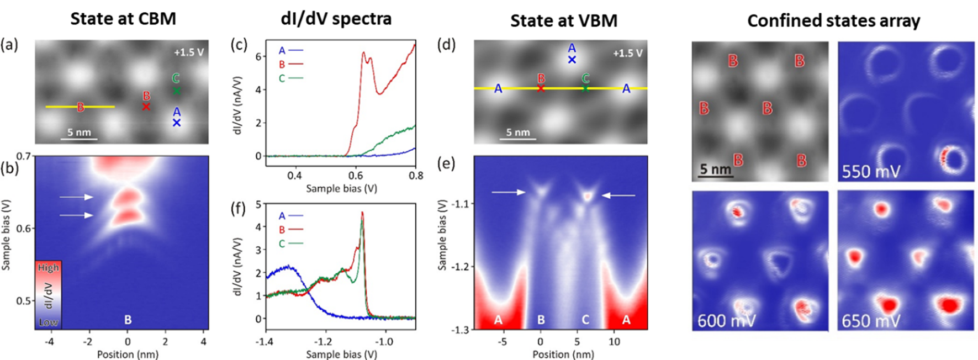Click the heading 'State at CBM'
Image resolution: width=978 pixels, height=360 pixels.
pos(123,19)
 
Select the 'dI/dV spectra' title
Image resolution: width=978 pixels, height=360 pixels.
pos(336,19)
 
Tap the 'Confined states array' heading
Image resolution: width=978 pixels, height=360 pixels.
pos(833,21)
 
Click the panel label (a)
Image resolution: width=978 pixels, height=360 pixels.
pos(9,45)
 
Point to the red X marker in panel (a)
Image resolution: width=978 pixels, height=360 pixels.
pos(146,107)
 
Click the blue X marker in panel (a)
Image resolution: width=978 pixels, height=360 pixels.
pos(177,123)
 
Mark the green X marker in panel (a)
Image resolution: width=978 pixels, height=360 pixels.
pos(177,91)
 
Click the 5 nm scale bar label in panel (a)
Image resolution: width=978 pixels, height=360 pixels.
pos(79,133)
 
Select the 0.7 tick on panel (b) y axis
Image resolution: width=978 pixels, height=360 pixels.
pos(23,156)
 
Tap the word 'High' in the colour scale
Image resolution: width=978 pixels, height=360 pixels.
pos(48,268)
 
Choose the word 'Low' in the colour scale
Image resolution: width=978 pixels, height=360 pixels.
pos(48,322)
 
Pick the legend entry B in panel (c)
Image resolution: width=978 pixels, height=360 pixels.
pos(282,65)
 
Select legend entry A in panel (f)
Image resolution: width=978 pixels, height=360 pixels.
pos(282,216)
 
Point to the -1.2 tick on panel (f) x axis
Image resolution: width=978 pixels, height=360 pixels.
pos(325,341)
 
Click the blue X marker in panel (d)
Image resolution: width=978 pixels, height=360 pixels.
pos(572,60)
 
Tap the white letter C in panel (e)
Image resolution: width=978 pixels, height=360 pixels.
pos(585,319)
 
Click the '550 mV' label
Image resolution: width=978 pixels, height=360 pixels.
pos(871,172)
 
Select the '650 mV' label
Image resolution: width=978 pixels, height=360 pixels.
pos(871,321)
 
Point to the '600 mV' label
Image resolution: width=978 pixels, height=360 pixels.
pos(726,321)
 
